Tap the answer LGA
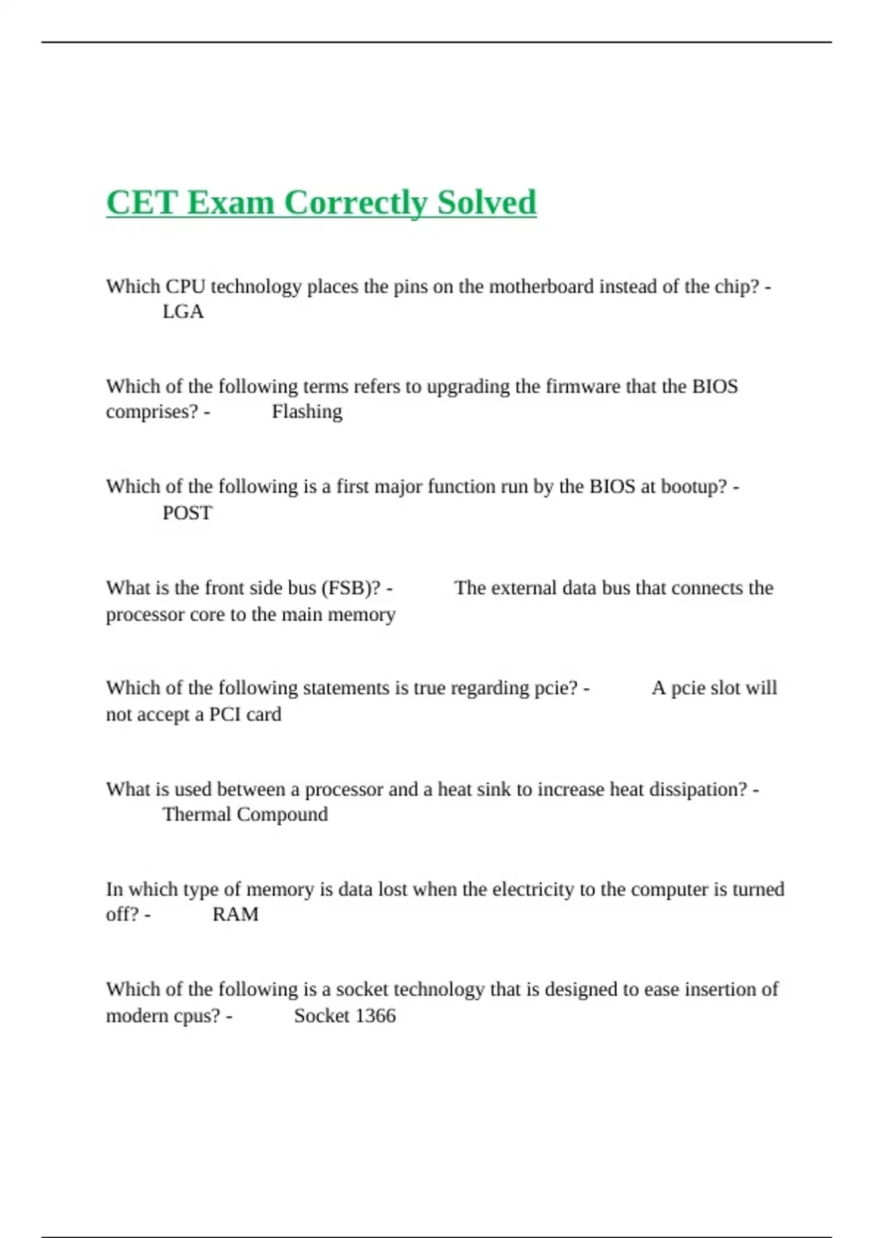pyautogui.click(x=183, y=312)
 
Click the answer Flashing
pyautogui.click(x=307, y=411)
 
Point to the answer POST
pyautogui.click(x=187, y=513)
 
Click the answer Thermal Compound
pyautogui.click(x=245, y=814)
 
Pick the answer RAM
pyautogui.click(x=235, y=914)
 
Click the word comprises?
pyautogui.click(x=151, y=411)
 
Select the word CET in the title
pyautogui.click(x=141, y=202)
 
